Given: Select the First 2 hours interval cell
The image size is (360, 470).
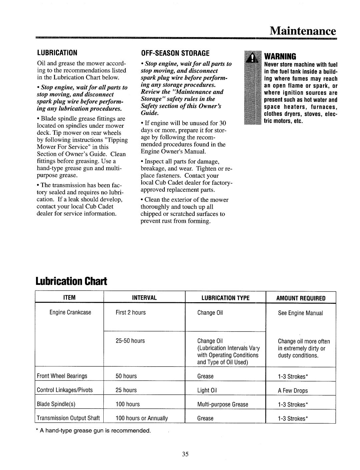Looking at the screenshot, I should [x=131, y=313].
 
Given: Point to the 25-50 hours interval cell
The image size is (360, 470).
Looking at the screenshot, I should [x=130, y=341].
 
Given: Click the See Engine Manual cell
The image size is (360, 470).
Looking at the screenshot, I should [x=301, y=313].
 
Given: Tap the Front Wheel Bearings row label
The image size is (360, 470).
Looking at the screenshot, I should [x=62, y=376].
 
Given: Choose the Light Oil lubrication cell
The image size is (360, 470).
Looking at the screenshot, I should [x=207, y=390].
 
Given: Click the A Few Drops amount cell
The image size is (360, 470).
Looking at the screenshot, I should [x=293, y=391].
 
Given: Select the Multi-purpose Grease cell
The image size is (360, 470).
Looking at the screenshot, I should [x=223, y=405].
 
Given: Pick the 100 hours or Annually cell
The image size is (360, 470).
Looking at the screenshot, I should [x=142, y=418].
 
